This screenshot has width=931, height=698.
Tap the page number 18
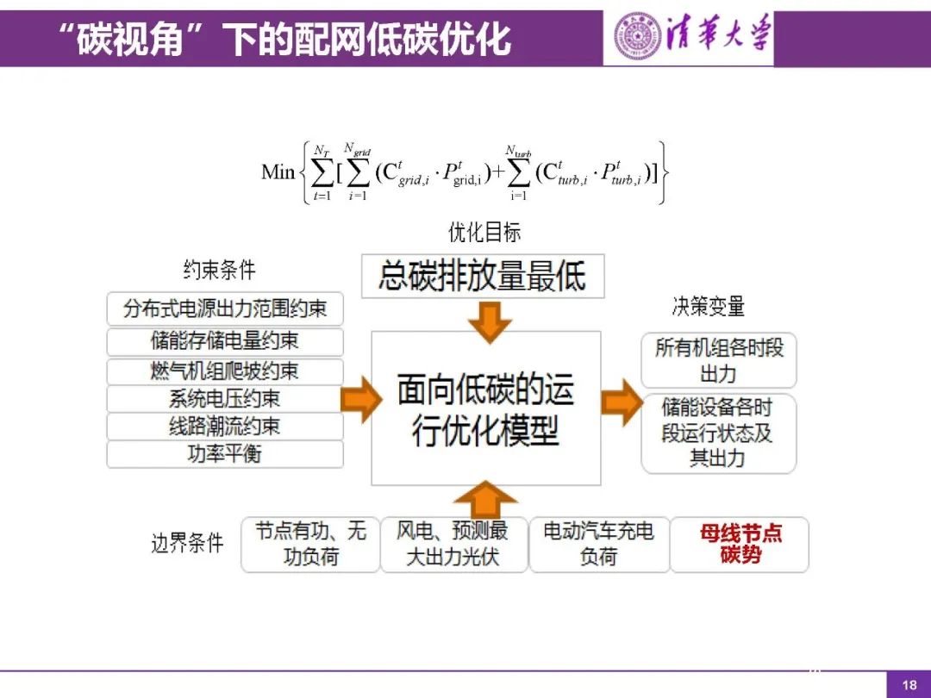909,685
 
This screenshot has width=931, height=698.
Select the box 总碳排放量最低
482,277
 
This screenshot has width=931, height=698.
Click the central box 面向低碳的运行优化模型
485,408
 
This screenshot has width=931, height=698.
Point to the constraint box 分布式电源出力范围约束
225,308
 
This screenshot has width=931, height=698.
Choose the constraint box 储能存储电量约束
225,341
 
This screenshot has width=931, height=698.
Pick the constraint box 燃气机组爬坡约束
225,371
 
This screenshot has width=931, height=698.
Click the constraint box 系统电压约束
225,398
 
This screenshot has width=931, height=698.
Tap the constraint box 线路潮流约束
225,427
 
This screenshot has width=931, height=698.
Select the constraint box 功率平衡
225,454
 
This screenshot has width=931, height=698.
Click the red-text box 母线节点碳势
740,544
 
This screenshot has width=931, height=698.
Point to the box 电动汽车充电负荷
598,544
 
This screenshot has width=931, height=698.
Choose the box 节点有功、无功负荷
310,544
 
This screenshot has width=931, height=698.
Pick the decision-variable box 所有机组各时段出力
718,360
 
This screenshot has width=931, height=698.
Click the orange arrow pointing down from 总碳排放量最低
484,321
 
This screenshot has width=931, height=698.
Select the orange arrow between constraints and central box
360,400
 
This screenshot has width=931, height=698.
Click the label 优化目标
484,232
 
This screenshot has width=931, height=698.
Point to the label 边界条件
187,543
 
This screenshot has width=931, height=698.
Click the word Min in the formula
278,171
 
